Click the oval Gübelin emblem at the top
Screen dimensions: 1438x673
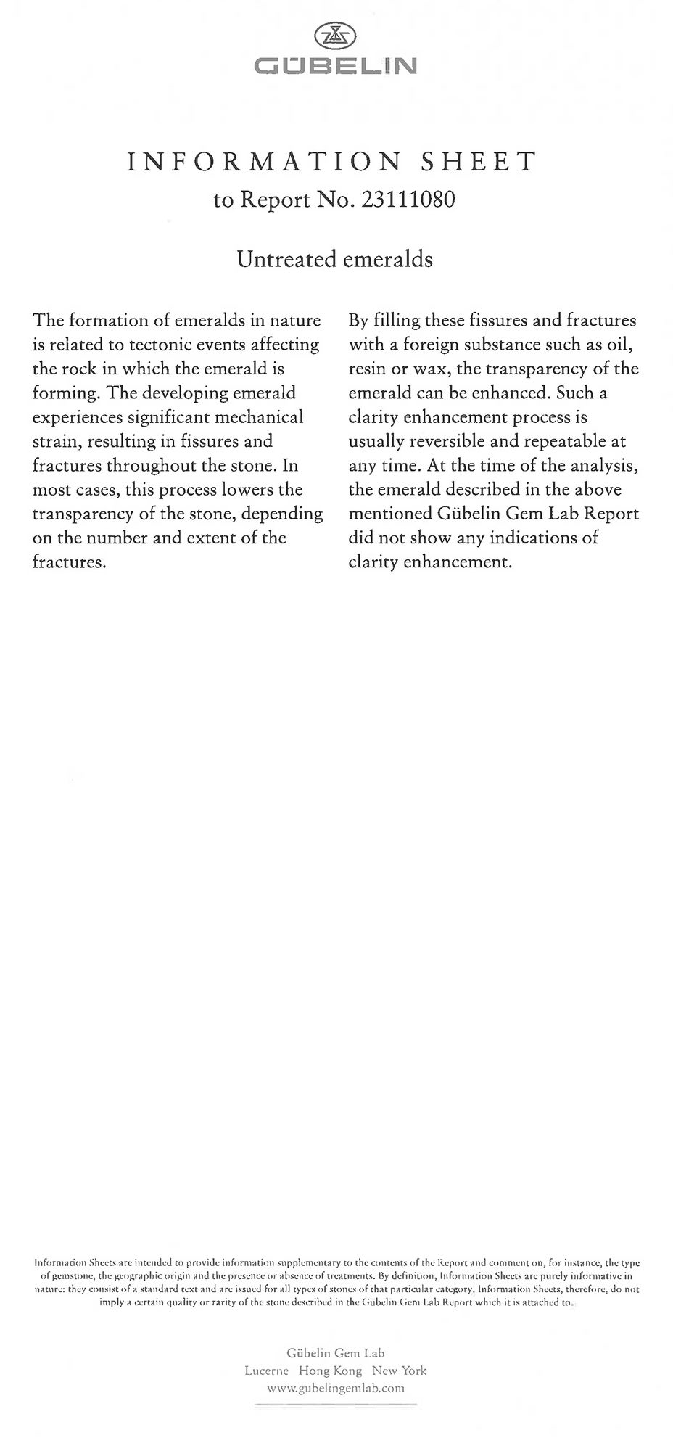click(336, 36)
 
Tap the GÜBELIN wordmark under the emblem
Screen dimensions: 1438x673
click(336, 67)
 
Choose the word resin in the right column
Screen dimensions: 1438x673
click(367, 369)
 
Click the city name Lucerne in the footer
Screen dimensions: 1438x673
click(266, 1371)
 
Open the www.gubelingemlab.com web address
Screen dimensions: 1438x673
click(336, 1388)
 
